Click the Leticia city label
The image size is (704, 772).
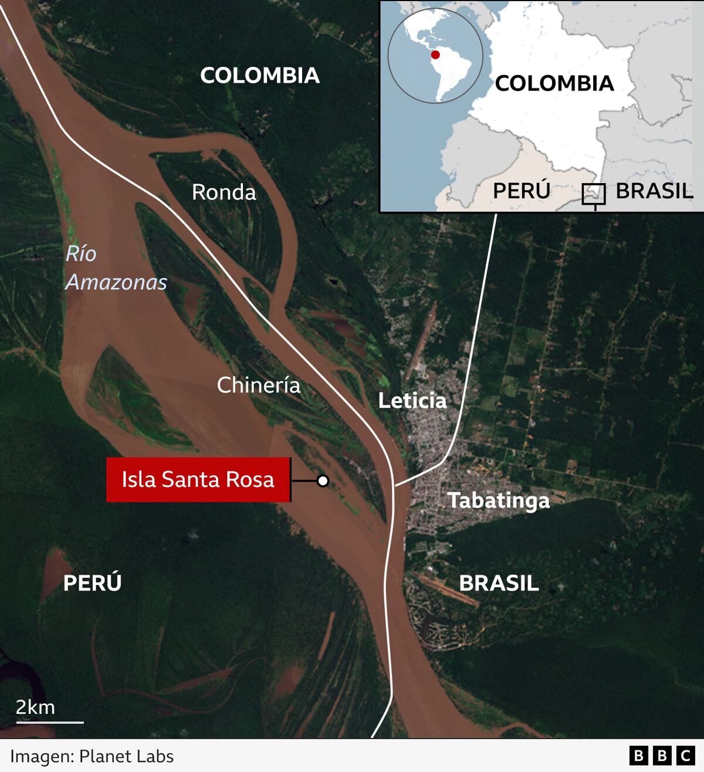point(412,401)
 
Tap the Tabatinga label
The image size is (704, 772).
point(499,500)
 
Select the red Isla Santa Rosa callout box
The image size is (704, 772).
point(198,479)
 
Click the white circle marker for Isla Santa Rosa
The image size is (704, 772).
point(323,481)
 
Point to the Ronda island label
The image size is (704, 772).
point(224,192)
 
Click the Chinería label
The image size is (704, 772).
point(259,385)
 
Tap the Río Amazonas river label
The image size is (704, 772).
point(116,268)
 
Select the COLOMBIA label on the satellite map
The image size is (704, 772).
point(260,75)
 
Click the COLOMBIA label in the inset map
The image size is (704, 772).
point(554,83)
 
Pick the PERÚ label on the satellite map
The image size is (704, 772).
point(92,583)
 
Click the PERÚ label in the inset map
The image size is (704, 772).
point(522,191)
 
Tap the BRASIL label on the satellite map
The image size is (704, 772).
point(499,583)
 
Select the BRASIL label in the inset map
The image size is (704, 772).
point(654,191)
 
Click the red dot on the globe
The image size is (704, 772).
point(435,55)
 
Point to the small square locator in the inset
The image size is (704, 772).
point(593,194)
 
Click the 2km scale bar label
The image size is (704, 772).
point(35,707)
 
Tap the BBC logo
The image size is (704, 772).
point(662,756)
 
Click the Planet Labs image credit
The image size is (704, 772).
point(92,756)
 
